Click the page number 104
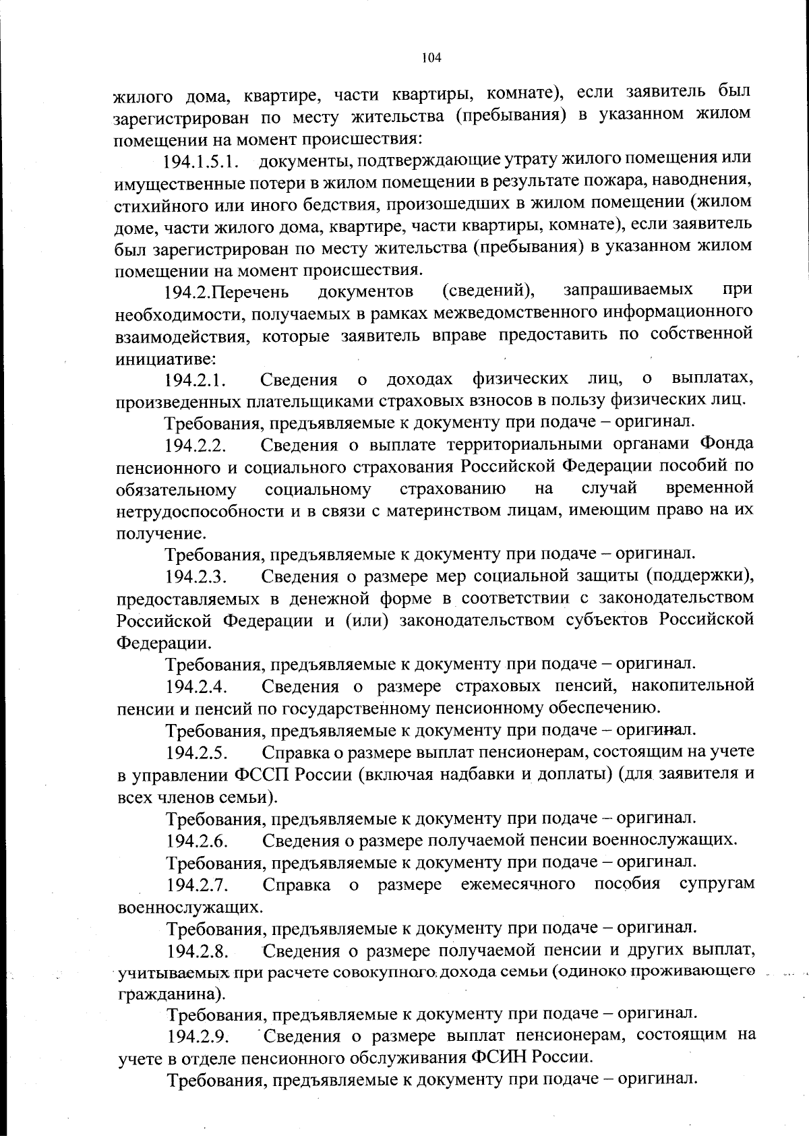431,58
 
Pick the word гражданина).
171,994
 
